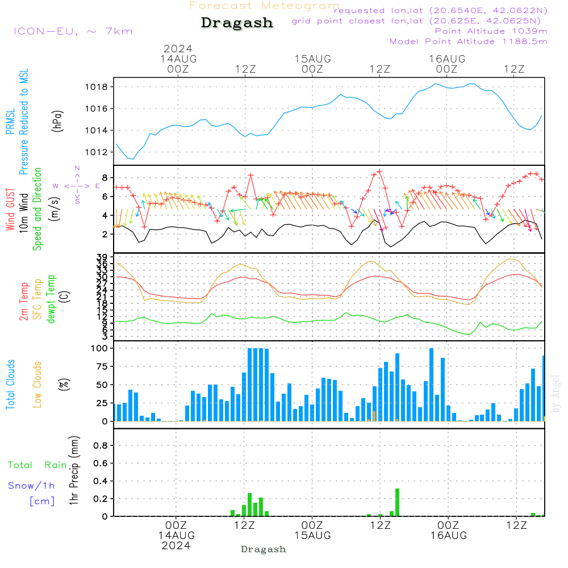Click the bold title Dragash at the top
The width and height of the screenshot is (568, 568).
(237, 23)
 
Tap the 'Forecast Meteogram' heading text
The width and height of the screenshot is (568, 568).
(265, 6)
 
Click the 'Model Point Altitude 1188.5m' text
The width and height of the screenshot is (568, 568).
(469, 41)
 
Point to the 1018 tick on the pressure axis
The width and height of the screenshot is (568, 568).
(97, 87)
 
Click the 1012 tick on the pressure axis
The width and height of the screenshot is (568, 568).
(97, 152)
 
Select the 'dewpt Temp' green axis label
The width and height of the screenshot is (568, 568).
(51, 299)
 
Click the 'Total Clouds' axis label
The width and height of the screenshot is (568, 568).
(10, 385)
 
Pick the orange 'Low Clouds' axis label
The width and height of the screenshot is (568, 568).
(37, 385)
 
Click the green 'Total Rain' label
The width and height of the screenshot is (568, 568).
(37, 465)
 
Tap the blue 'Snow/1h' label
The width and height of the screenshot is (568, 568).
(32, 486)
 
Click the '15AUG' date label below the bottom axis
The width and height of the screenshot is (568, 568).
(312, 536)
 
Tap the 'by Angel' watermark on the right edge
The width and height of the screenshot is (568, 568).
(556, 394)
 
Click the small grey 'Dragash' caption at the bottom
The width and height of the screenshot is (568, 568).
(264, 549)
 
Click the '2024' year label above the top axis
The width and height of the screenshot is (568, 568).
(178, 48)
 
